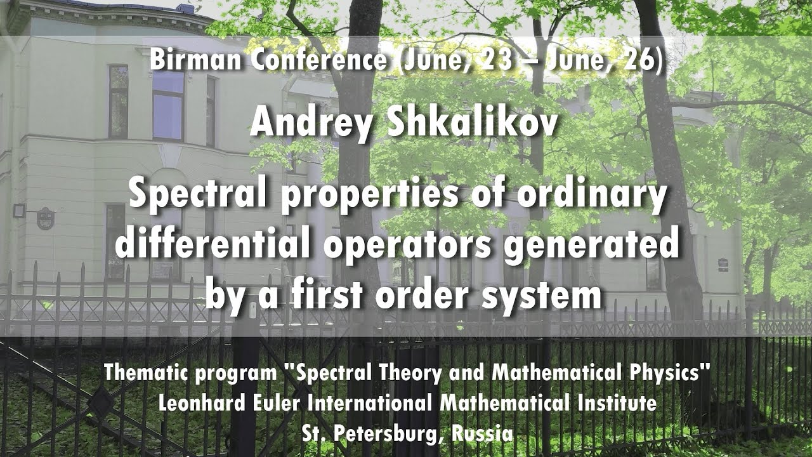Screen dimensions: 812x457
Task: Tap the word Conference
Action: (320, 60)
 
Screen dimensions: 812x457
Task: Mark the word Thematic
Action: (146, 372)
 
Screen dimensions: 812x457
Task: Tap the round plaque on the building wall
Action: (45, 218)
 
